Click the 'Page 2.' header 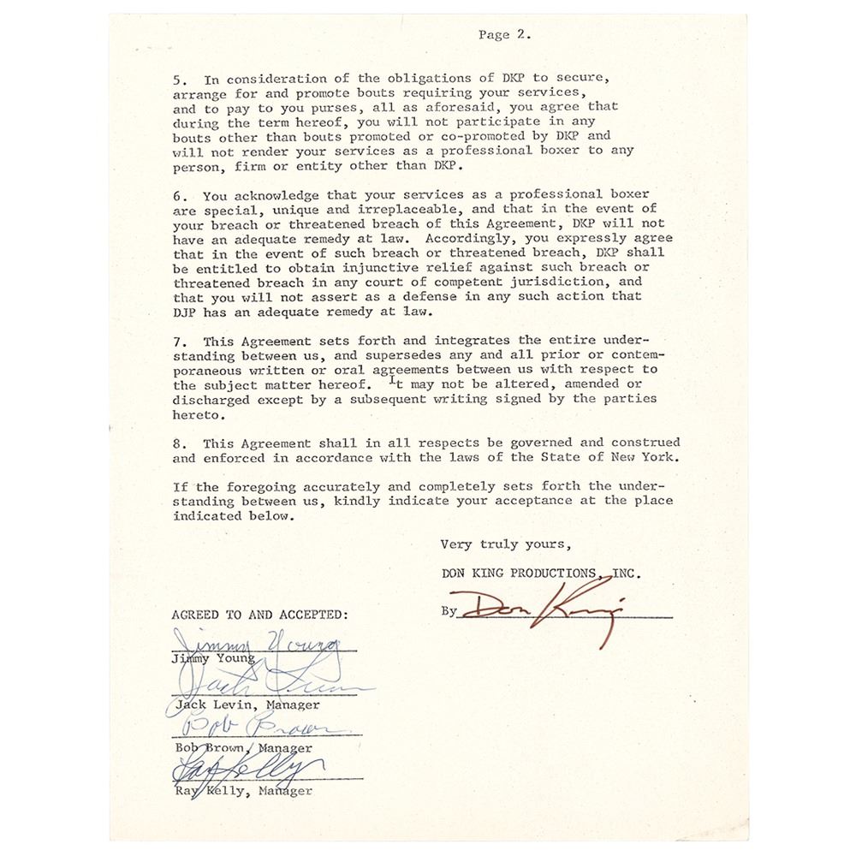[505, 36]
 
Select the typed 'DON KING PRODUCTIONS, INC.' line [539, 573]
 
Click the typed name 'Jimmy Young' [211, 658]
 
